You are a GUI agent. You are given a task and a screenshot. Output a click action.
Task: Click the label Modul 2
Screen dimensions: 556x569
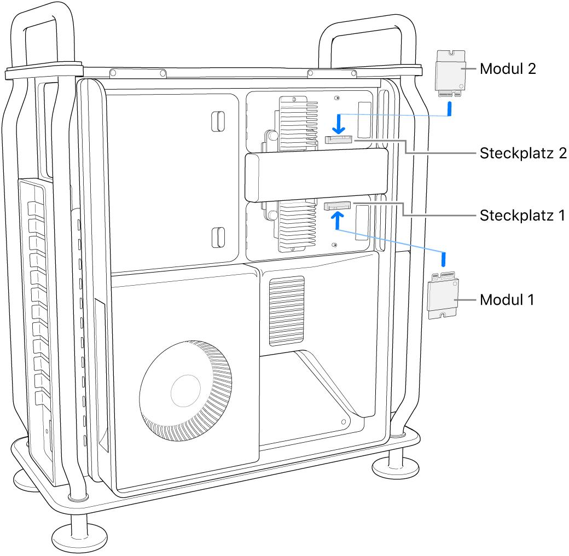507,69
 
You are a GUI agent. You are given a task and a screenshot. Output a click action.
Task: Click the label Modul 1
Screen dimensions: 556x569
507,300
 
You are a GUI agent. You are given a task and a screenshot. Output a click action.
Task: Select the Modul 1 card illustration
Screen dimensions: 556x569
443,296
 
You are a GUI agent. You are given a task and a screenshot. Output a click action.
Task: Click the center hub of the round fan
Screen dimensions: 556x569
185,390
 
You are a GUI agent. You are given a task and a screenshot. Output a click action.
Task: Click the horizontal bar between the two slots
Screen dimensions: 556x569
316,176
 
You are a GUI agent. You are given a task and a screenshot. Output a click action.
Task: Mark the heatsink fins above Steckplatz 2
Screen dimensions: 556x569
298,123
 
